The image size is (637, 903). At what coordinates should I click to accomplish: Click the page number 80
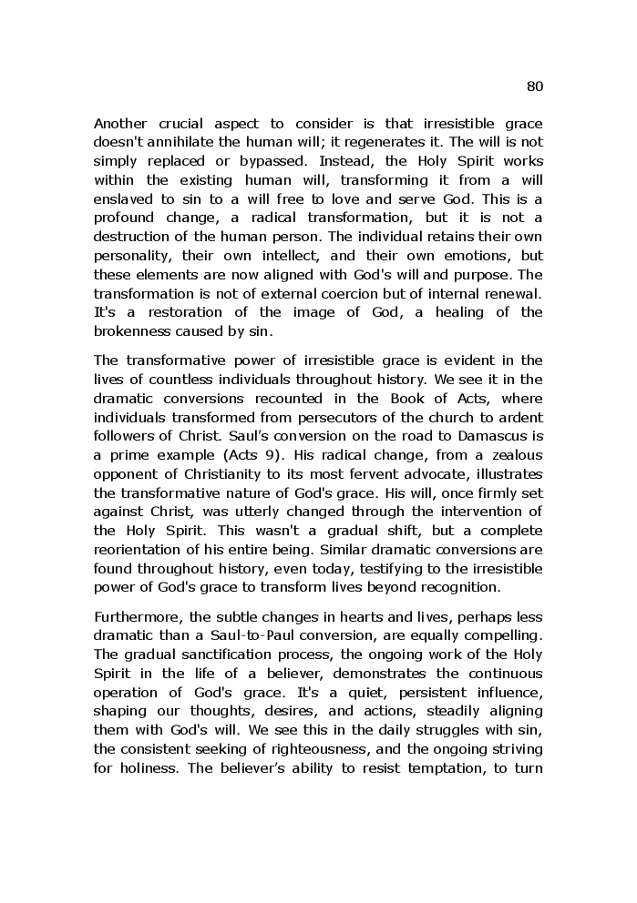point(535,86)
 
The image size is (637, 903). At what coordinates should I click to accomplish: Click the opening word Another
point(122,123)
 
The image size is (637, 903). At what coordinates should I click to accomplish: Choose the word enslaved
point(125,199)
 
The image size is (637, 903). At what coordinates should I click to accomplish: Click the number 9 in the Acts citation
point(272,455)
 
